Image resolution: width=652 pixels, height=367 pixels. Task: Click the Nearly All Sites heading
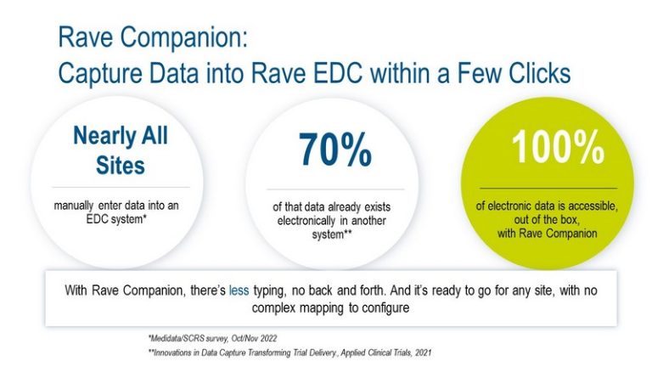coord(121,149)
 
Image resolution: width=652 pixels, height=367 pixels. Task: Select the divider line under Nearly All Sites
coord(121,187)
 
